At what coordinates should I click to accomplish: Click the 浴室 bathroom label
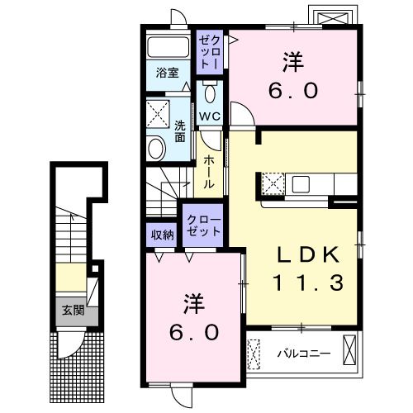point(168,73)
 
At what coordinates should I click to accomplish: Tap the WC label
point(210,116)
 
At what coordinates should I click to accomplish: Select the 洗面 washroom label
point(180,131)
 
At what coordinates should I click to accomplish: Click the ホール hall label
point(209,172)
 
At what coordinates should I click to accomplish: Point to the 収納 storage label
point(163,235)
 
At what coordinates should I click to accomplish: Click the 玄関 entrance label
point(73,311)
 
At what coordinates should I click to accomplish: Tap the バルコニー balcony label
point(304,353)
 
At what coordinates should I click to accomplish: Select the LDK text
point(308,254)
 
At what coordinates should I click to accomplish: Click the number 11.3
point(308,283)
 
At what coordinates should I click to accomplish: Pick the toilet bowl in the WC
point(210,93)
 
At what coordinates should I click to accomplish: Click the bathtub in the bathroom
point(168,47)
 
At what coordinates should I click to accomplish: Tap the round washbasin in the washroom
point(156,149)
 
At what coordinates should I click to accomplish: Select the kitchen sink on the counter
point(301,184)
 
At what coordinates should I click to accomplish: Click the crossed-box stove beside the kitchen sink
point(273,183)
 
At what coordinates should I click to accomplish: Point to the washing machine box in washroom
point(158,114)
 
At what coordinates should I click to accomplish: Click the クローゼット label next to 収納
point(204,225)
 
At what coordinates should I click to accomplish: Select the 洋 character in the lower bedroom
point(194,304)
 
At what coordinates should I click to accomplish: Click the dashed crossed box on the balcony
point(254,354)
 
